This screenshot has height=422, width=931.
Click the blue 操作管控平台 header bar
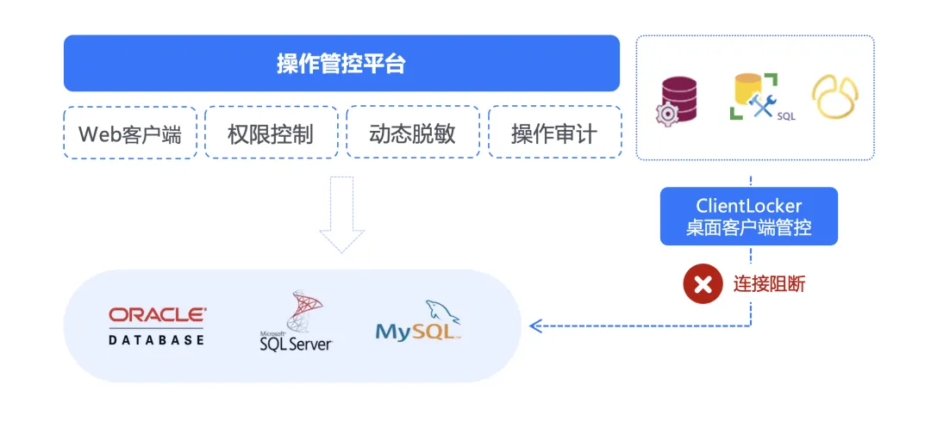click(341, 63)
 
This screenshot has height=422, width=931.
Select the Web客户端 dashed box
click(130, 133)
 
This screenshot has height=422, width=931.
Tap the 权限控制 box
click(271, 133)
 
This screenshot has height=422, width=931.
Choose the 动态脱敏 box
click(412, 133)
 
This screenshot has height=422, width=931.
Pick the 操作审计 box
click(554, 133)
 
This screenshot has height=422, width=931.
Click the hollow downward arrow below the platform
click(341, 215)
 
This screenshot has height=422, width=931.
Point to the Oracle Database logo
click(157, 325)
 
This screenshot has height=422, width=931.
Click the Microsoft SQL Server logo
click(296, 322)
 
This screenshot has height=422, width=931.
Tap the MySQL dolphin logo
click(419, 321)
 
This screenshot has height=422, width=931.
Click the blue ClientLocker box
click(749, 216)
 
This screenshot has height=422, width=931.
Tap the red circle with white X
click(703, 284)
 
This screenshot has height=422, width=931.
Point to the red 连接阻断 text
click(770, 284)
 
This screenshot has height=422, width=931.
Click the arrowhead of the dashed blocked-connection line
click(534, 326)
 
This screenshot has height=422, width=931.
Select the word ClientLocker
click(749, 206)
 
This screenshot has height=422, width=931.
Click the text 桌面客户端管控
click(749, 228)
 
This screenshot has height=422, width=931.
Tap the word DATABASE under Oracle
click(157, 339)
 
